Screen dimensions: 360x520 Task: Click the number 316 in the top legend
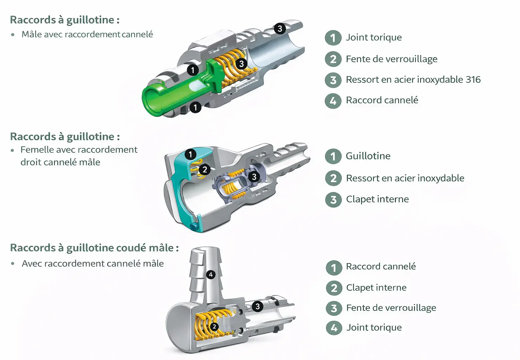(x=473, y=79)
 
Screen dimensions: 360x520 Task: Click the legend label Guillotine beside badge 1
(x=368, y=156)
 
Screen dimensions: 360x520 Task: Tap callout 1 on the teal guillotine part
(x=190, y=154)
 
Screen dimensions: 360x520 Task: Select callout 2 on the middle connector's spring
(x=205, y=170)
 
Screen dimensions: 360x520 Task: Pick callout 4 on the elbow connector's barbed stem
(x=211, y=275)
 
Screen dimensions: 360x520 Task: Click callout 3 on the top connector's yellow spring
(x=241, y=64)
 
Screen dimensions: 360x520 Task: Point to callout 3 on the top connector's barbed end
(x=280, y=28)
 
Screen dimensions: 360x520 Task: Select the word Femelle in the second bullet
(x=37, y=150)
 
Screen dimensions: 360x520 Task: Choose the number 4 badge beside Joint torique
(x=334, y=328)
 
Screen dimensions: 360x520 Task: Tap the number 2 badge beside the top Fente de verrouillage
(x=333, y=59)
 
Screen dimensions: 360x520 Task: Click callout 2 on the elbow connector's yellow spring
(x=214, y=327)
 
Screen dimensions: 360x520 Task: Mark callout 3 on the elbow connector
(x=257, y=306)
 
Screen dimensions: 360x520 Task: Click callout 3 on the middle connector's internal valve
(x=254, y=176)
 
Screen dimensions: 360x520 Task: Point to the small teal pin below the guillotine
(x=193, y=225)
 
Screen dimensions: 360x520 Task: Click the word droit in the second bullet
(x=30, y=162)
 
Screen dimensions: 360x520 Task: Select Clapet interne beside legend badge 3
(x=377, y=199)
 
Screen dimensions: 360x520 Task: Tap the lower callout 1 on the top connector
(x=195, y=107)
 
